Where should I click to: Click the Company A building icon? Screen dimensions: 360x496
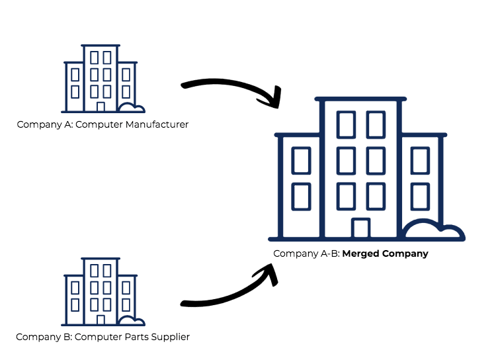click(x=101, y=79)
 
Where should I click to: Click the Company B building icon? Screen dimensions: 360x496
click(x=101, y=292)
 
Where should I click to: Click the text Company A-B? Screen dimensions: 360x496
click(x=306, y=253)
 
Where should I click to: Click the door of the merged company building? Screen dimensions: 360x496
click(x=360, y=228)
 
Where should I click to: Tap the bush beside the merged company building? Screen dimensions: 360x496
click(x=433, y=231)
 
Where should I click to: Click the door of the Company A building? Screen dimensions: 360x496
click(x=101, y=107)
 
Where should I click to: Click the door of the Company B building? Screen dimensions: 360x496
click(x=101, y=320)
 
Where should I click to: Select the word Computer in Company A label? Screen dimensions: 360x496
click(x=97, y=124)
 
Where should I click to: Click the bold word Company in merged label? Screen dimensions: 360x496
click(x=405, y=253)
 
